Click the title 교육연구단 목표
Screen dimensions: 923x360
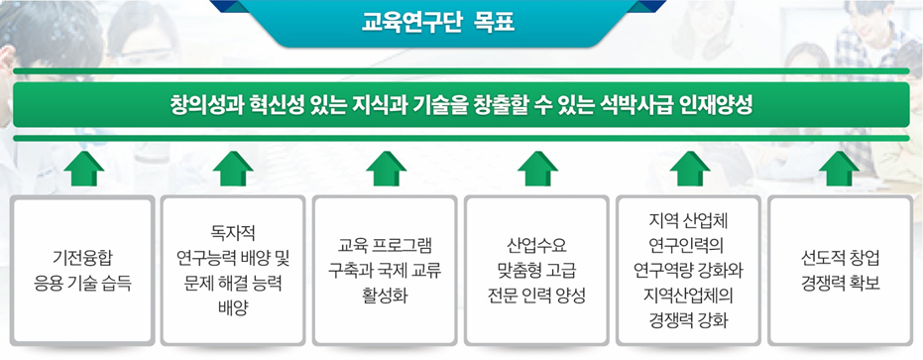439,22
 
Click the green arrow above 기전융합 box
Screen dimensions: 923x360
83,169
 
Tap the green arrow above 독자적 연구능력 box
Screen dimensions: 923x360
233,169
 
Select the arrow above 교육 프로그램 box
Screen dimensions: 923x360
387,169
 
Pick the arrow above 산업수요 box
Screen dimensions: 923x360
538,169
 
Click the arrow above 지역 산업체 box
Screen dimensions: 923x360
690,169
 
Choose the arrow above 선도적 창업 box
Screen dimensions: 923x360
840,169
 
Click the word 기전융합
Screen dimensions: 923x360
82,258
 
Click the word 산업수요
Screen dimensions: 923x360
537,245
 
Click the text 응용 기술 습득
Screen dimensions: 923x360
82,285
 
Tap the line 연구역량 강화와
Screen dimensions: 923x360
689,271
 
